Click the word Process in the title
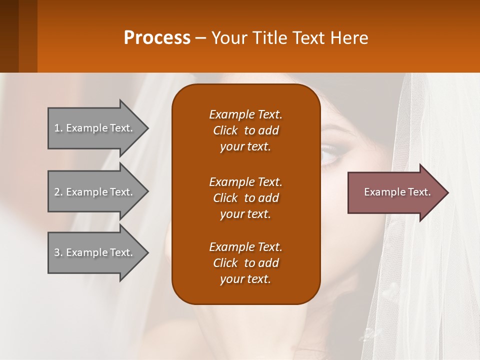coord(157,37)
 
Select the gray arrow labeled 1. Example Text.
coord(95,128)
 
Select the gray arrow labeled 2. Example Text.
coord(95,192)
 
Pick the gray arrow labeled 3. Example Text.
coord(95,252)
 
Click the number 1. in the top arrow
coord(58,128)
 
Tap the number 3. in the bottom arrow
coord(58,252)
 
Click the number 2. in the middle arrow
coord(58,192)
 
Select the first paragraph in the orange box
coord(245,130)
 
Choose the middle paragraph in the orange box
coord(245,197)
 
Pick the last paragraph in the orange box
coord(245,263)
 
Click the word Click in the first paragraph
coord(225,130)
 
